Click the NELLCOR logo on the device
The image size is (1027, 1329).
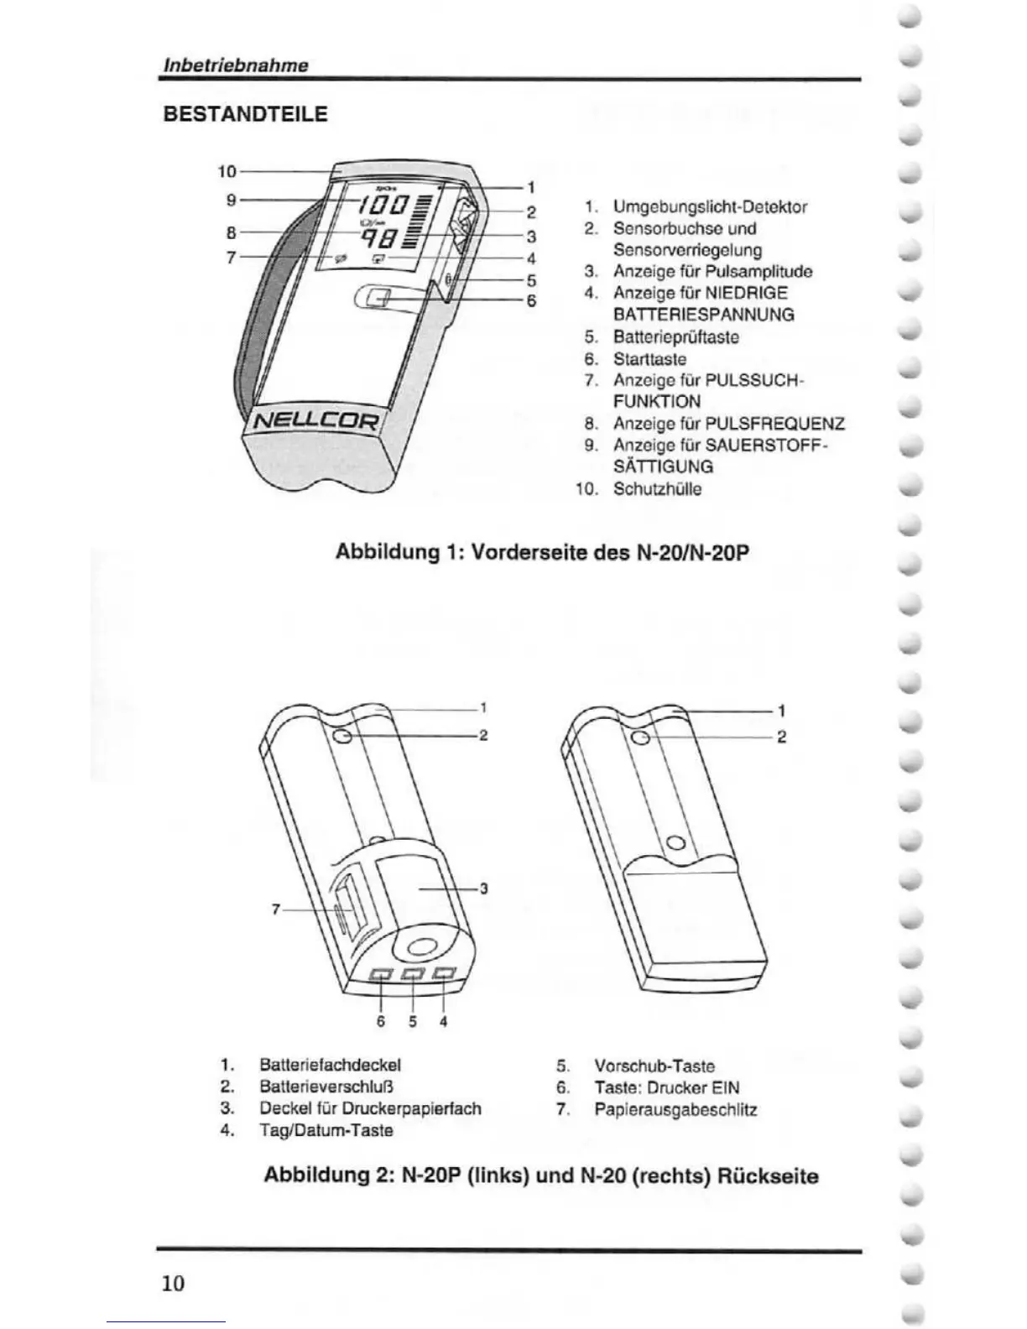point(316,419)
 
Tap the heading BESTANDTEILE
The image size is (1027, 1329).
point(245,114)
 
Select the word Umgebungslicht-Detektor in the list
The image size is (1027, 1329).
point(710,206)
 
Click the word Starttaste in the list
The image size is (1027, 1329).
point(649,358)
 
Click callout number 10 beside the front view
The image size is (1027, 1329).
point(227,171)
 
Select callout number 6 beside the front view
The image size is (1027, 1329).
point(531,301)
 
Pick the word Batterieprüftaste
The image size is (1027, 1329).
point(675,336)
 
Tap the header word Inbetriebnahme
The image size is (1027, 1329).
point(234,65)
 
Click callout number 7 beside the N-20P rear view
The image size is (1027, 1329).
point(275,909)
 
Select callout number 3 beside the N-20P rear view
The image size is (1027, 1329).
point(483,889)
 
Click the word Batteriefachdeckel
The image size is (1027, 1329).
point(330,1065)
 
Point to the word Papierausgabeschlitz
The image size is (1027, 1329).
point(675,1109)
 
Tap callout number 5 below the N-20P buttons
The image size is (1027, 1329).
point(413,1022)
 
